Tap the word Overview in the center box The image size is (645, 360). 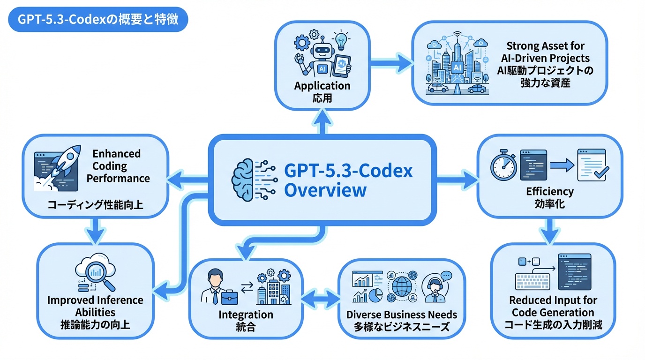(325, 191)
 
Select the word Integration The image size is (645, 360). (246, 315)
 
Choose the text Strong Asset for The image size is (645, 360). (545, 46)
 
